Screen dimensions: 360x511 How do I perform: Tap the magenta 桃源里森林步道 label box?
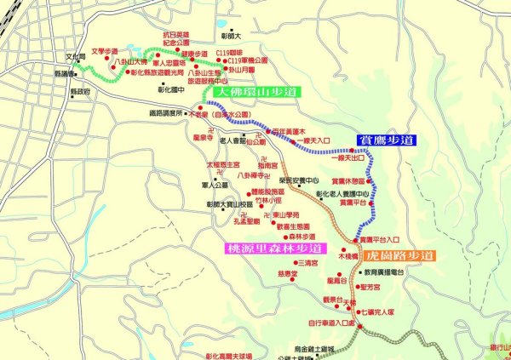tap(274, 249)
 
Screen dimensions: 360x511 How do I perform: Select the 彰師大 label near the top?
tap(231, 37)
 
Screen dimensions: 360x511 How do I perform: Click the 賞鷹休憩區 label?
tap(351, 180)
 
